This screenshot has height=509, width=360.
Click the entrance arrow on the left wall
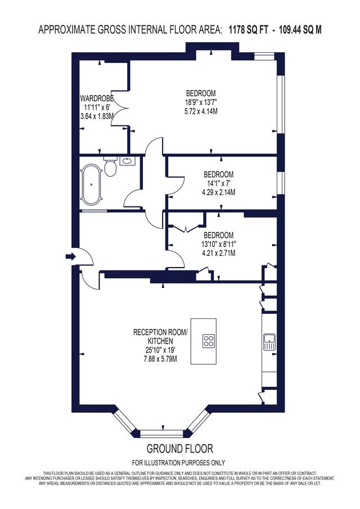[70, 257]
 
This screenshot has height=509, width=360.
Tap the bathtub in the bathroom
[92, 184]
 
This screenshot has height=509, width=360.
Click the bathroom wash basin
[128, 160]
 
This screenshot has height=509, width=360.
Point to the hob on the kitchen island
[208, 341]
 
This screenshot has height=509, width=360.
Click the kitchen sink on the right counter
[269, 342]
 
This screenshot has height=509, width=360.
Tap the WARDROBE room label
[97, 98]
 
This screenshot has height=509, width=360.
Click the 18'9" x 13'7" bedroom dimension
[201, 102]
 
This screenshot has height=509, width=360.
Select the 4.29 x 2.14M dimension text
[218, 192]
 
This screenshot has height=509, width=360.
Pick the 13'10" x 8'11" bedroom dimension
[218, 244]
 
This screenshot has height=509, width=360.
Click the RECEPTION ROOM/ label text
[160, 332]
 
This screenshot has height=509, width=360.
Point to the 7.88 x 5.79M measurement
[160, 359]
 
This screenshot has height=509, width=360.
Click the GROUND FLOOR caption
[180, 449]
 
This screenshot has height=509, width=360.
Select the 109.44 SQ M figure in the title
[299, 30]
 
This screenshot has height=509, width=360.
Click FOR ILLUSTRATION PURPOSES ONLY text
[178, 462]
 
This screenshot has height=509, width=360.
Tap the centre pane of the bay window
[161, 433]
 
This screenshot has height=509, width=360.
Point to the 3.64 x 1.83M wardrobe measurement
[97, 115]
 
